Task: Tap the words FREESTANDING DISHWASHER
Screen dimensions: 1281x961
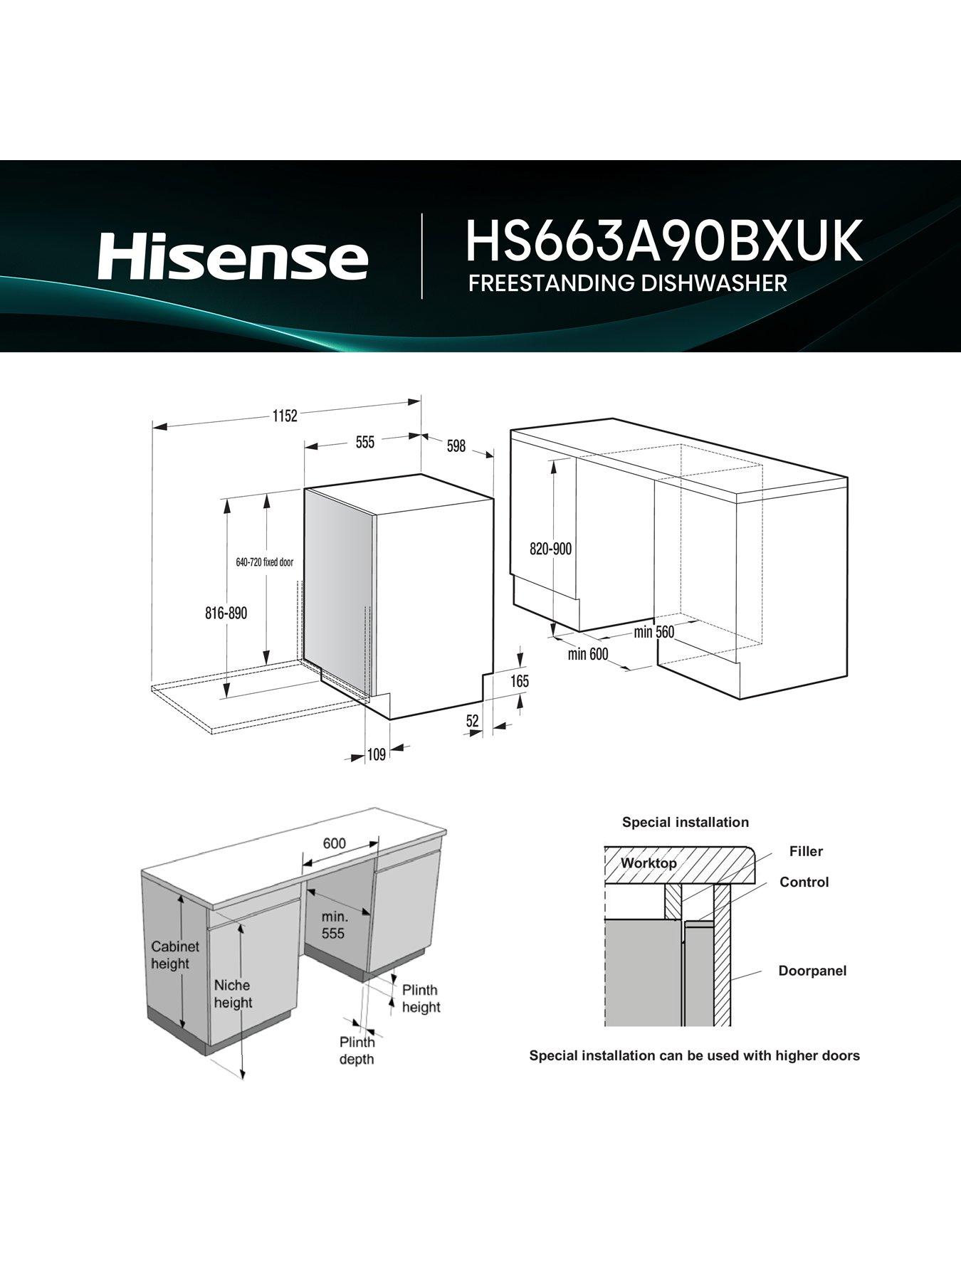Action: pos(627,283)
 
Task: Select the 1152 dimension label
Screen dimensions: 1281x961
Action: pos(284,416)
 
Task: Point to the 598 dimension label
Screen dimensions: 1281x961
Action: pos(456,446)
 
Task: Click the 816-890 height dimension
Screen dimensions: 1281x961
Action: pos(226,613)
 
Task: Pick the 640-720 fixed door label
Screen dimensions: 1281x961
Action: pos(264,562)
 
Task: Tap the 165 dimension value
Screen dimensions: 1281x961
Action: pos(520,681)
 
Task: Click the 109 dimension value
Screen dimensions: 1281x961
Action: pos(376,754)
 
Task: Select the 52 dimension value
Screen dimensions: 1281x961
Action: pos(473,721)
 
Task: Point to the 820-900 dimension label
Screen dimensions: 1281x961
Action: pos(550,549)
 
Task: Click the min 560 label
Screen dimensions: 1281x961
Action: pos(653,632)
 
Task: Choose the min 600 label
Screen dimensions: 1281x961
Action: pos(588,653)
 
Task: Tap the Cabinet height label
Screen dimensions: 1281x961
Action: pos(175,955)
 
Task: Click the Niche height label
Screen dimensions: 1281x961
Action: pos(232,993)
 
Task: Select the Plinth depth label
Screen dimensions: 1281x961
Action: pos(357,1050)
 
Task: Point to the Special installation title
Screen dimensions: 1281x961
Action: pos(685,822)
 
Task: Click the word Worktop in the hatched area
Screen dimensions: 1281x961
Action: pos(648,863)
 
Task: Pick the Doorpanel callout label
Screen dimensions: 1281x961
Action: pos(812,971)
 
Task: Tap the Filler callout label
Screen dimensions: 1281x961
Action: pos(806,851)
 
